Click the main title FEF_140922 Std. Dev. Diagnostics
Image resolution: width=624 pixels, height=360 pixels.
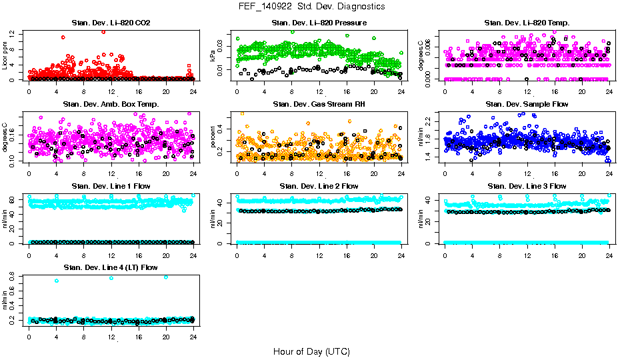pos(311,7)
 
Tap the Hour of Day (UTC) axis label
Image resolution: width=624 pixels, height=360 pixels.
pos(311,351)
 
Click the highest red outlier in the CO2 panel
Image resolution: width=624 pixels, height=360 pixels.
pos(103,31)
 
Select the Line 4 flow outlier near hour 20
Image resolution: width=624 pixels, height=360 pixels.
pos(166,277)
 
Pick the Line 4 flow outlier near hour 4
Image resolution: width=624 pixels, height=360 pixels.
pos(57,281)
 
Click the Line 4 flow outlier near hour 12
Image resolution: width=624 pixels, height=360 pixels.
pos(111,278)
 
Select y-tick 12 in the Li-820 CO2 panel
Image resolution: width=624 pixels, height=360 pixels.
pos(14,33)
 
